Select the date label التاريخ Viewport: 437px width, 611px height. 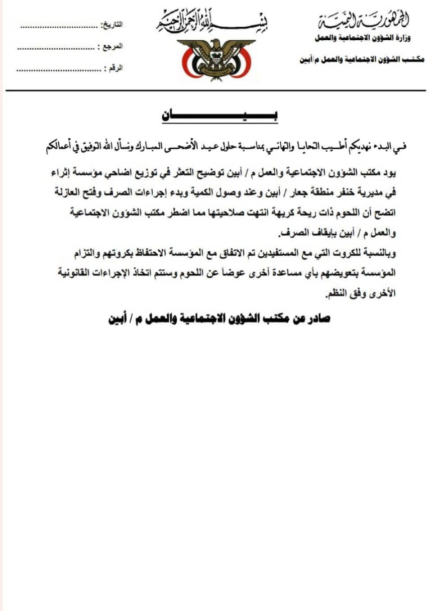click(x=113, y=25)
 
